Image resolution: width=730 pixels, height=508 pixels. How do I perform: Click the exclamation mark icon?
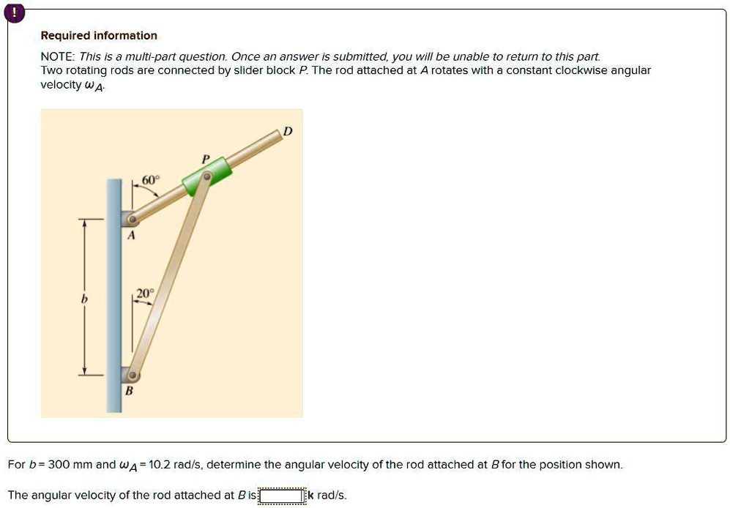tap(15, 12)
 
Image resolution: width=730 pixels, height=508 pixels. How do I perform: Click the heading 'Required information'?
tap(99, 36)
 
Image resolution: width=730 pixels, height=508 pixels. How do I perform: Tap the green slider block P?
tap(207, 176)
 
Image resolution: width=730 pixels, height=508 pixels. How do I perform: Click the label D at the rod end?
tap(287, 130)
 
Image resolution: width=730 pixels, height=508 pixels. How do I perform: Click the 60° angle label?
tap(150, 181)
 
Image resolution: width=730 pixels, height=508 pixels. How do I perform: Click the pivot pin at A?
tap(131, 219)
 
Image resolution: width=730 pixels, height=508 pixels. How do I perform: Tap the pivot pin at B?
tap(132, 376)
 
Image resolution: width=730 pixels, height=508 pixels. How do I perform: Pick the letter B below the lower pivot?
tap(129, 392)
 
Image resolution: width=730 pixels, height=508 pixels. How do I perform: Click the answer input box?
tap(281, 496)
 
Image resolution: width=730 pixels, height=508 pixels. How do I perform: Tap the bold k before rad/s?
tap(311, 496)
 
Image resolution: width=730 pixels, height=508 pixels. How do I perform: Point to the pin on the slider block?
tap(207, 176)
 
